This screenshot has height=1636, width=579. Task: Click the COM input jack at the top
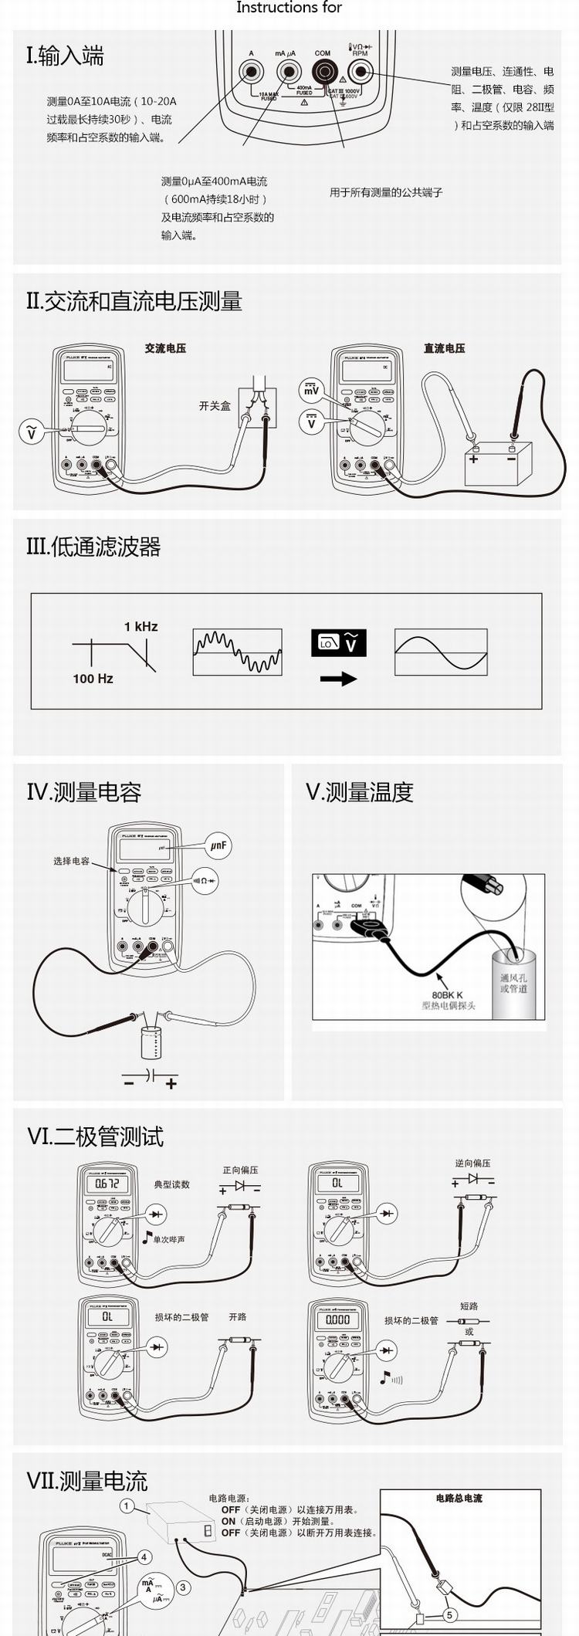(323, 73)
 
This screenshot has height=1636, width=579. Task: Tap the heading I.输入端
(65, 56)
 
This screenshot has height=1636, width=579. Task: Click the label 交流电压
(165, 348)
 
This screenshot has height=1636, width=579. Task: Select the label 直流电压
(444, 348)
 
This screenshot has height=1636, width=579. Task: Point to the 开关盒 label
(215, 405)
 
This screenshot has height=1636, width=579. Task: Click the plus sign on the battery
(473, 459)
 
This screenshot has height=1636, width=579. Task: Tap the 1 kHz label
(141, 626)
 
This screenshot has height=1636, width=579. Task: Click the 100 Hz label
(93, 679)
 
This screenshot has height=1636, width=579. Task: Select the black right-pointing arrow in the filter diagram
(338, 679)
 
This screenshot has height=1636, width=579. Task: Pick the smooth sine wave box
(441, 652)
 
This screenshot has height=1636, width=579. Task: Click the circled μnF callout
(218, 845)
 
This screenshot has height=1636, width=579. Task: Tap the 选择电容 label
(71, 861)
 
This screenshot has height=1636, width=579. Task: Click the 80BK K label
(447, 995)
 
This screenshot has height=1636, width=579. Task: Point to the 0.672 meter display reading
(107, 1184)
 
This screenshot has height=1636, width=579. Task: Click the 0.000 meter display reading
(337, 1319)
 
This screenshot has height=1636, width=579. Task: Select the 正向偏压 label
(240, 1170)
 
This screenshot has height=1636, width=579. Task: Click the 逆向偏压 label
(472, 1163)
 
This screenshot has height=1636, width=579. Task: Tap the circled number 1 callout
(127, 1506)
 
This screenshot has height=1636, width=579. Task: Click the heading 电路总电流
(459, 1498)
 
